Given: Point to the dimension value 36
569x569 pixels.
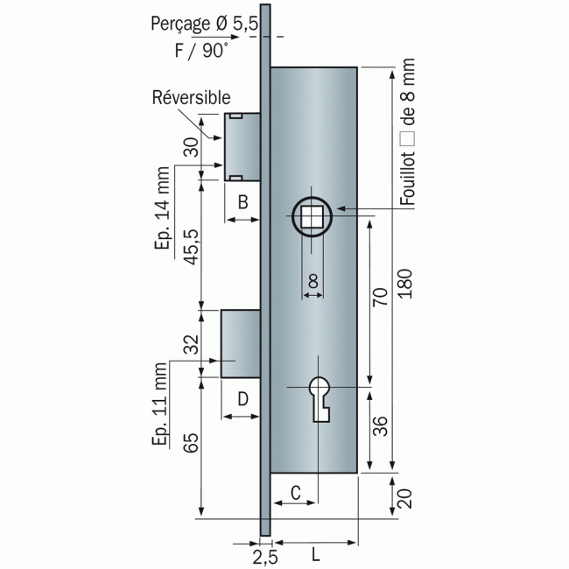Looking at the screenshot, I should click(x=379, y=427).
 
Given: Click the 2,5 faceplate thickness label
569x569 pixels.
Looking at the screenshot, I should click(x=265, y=555).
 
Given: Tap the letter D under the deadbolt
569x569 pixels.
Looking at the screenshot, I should click(x=243, y=398).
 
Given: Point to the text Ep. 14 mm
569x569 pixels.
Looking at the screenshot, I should click(x=162, y=208).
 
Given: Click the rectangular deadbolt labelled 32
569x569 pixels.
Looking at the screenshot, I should click(x=239, y=343).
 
